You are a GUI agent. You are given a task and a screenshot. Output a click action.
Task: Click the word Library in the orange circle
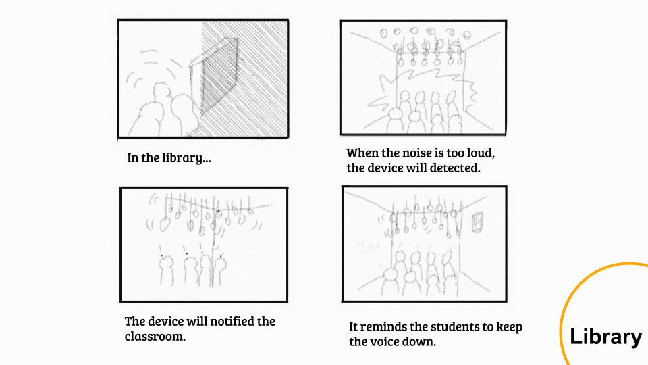(606, 337)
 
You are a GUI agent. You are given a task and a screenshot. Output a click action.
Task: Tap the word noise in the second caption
(403, 153)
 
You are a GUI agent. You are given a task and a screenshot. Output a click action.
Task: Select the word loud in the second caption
(481, 153)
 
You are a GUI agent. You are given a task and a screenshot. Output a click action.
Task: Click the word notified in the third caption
(232, 322)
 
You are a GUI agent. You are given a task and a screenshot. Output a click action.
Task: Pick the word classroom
(155, 336)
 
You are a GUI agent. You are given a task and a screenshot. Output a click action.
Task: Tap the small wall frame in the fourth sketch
(477, 222)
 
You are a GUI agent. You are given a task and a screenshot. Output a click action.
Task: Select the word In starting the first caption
(132, 157)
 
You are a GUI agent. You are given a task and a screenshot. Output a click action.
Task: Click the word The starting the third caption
(135, 322)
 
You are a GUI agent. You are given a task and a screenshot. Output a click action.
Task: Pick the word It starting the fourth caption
(353, 327)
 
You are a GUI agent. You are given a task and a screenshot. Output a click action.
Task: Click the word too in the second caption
(454, 153)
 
